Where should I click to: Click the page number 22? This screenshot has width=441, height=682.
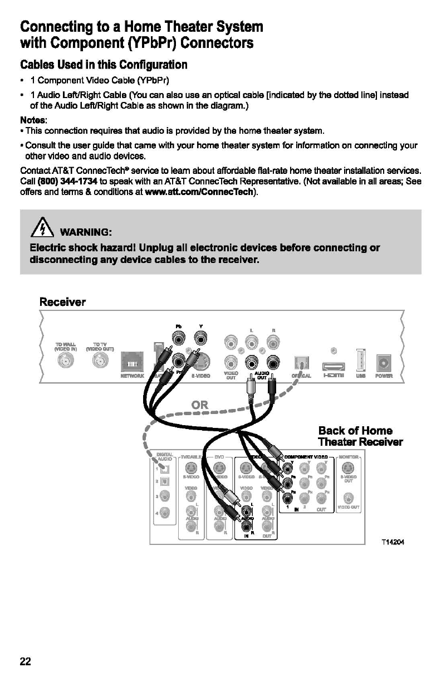pos(26,661)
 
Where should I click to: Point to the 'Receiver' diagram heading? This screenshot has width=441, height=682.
pos(62,302)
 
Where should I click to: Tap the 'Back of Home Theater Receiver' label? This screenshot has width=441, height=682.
pos(360,436)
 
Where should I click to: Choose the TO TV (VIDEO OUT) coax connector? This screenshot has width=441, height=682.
pos(101,362)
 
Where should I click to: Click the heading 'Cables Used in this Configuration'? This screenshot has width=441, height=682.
pos(104,65)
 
